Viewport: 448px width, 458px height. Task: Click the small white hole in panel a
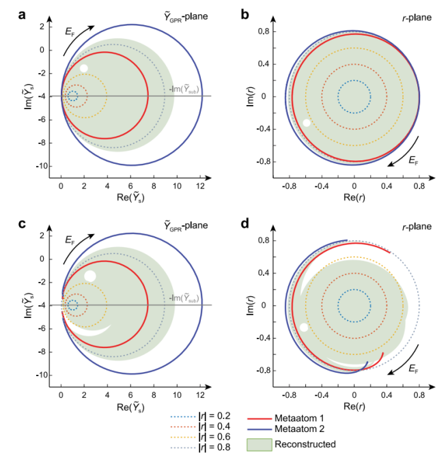coord(84,68)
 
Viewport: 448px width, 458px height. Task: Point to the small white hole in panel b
coord(307,123)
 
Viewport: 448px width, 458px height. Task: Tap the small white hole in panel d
coord(304,327)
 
